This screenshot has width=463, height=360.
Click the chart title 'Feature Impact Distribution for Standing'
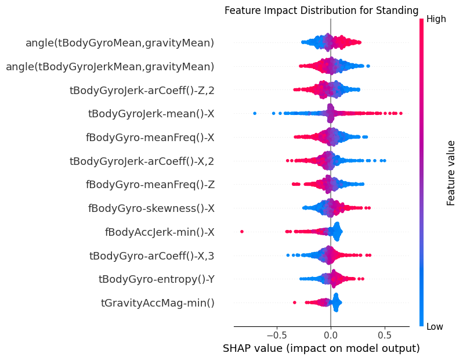[321, 10]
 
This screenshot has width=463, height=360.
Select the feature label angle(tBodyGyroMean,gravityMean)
[120, 42]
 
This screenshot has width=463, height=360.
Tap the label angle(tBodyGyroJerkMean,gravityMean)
[110, 66]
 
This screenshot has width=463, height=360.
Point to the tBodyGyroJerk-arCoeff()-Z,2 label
[142, 90]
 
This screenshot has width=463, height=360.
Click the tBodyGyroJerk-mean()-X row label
[151, 114]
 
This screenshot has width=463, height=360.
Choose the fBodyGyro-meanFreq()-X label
[150, 137]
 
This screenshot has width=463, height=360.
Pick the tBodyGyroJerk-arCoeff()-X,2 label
[142, 161]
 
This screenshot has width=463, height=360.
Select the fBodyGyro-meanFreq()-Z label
[150, 185]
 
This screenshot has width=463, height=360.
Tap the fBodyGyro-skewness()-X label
[151, 208]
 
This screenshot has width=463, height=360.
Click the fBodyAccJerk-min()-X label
[160, 232]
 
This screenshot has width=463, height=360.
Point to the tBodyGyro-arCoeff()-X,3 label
[152, 255]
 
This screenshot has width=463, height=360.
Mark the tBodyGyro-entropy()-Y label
[157, 279]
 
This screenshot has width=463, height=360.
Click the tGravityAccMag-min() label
[158, 303]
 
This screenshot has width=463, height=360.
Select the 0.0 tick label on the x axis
[331, 335]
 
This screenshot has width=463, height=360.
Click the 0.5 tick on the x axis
[384, 335]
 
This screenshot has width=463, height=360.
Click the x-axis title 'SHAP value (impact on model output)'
[321, 349]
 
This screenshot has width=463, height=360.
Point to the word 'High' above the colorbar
[436, 19]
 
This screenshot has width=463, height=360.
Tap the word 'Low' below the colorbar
[435, 327]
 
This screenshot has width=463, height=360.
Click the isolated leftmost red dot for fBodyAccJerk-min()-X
[242, 232]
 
